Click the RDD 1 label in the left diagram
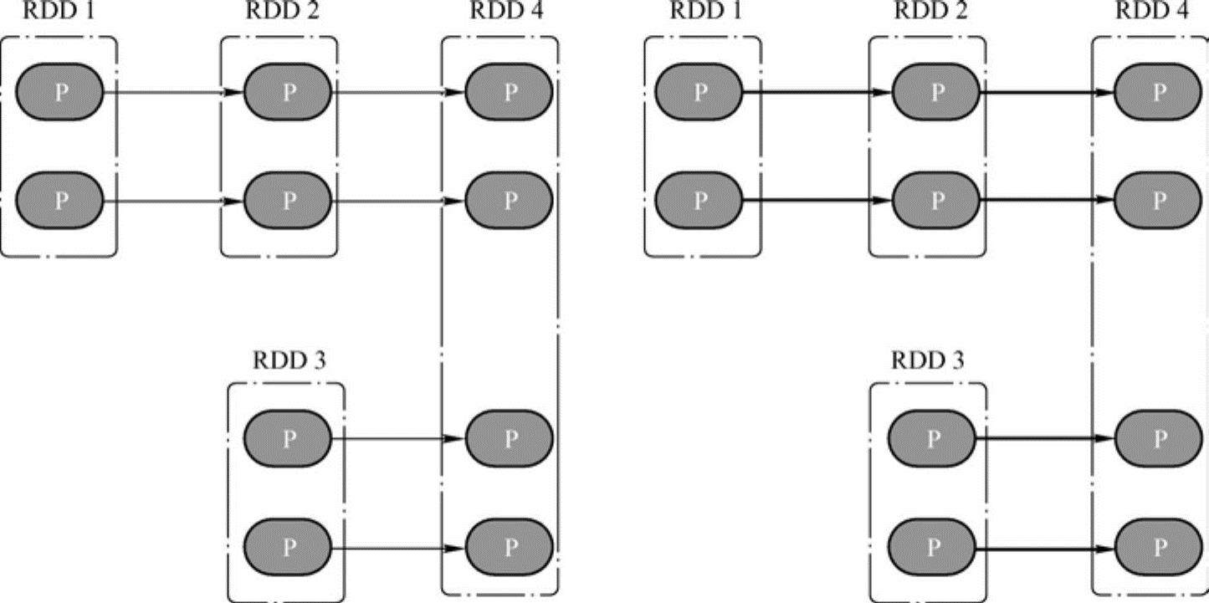point(58,12)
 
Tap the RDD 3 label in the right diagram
point(927,360)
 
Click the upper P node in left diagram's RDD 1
point(59,92)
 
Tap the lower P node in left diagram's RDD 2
point(289,201)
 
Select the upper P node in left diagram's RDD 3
point(289,438)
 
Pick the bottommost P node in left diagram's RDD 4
point(510,547)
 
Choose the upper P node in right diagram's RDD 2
point(937,92)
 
